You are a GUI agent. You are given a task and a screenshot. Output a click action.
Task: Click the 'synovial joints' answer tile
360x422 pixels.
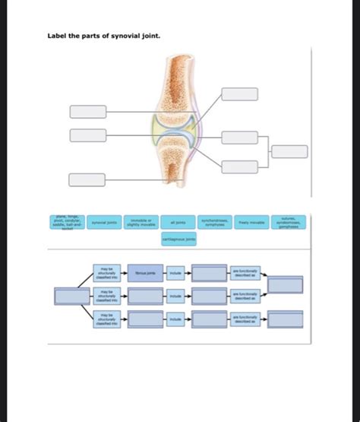pos(104,223)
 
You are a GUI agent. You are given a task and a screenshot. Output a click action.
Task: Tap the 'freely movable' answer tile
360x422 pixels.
pos(252,223)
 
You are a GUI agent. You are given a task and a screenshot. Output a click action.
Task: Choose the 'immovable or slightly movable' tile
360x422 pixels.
pos(141,223)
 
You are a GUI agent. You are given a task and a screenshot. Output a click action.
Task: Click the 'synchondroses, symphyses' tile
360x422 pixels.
pos(215,223)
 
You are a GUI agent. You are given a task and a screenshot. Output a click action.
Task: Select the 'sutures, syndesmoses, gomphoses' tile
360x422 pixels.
pos(289,223)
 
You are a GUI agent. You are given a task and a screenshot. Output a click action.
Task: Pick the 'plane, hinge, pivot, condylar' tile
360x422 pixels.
pos(67,223)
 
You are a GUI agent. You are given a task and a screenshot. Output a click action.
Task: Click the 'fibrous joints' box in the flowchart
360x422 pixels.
pos(144,273)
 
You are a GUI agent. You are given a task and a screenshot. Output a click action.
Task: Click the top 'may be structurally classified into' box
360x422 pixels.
pos(103,273)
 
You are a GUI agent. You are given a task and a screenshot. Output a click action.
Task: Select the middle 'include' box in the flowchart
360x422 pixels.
pos(175,296)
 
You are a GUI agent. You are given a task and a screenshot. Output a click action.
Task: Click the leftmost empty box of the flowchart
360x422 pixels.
pos(73,297)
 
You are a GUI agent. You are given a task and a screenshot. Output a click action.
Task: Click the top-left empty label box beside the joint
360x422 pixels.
pos(88,112)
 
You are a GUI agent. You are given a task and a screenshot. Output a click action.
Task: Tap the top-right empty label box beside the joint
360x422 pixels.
pos(240,94)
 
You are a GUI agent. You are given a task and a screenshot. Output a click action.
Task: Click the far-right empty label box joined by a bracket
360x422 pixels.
pos(290,151)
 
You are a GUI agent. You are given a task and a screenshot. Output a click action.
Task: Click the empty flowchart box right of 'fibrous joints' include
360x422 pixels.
pos(210,273)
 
